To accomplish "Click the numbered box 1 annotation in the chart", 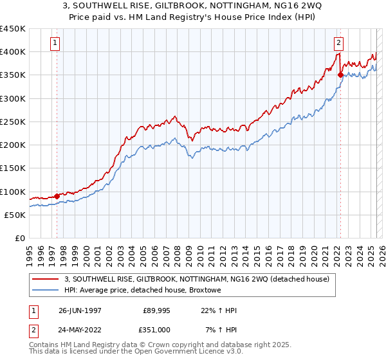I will pyautogui.click(x=55, y=44).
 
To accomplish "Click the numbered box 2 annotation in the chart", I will pyautogui.click(x=338, y=44).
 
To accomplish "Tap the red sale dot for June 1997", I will pyautogui.click(x=57, y=196).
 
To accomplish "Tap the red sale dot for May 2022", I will pyautogui.click(x=340, y=75).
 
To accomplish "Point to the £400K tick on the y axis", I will pyautogui.click(x=13, y=52).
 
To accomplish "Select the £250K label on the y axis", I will pyautogui.click(x=13, y=122).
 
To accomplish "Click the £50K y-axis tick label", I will pyautogui.click(x=15, y=215).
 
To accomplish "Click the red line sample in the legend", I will pyautogui.click(x=46, y=279).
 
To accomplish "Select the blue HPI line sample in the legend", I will pyautogui.click(x=46, y=291).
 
